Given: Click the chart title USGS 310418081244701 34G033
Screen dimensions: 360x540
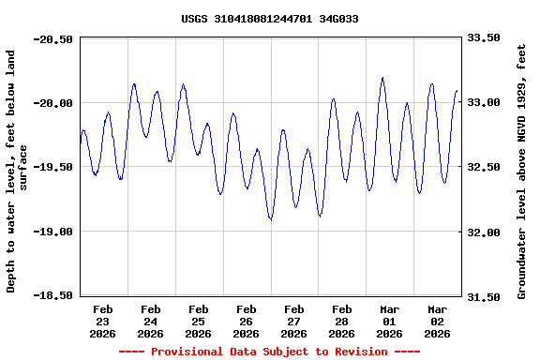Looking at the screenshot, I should tap(270, 19).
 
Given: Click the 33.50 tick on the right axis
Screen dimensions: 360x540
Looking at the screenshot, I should tap(483, 39).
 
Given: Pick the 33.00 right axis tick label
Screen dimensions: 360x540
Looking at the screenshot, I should tap(483, 103).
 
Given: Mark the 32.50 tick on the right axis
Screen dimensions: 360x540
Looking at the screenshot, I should tap(483, 167).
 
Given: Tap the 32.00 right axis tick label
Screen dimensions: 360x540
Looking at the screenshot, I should tap(483, 232).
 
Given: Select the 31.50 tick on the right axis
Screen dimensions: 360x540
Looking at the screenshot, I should tap(483, 296).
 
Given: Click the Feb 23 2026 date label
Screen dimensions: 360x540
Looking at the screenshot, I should tap(103, 321).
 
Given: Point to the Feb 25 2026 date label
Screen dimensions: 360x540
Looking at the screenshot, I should tap(199, 321).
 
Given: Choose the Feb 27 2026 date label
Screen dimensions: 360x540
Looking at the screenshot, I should tap(294, 321).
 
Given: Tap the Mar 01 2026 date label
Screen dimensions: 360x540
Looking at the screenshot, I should tap(390, 321).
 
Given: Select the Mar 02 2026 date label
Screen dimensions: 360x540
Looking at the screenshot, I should tap(438, 321).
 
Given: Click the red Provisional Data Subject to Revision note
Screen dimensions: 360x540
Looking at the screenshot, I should tap(270, 352).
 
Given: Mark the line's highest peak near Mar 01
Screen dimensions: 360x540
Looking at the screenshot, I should tap(382, 78).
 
